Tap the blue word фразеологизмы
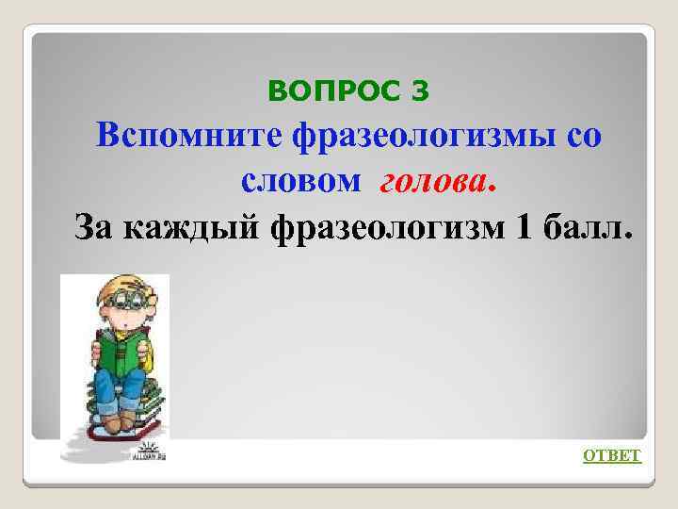tap(412, 137)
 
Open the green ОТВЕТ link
tap(612, 456)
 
